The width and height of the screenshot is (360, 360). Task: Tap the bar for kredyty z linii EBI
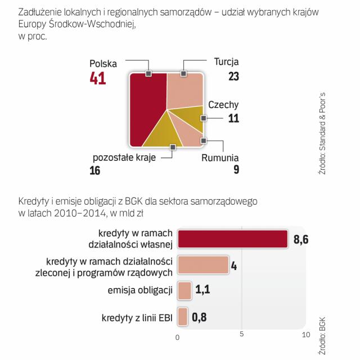182,317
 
